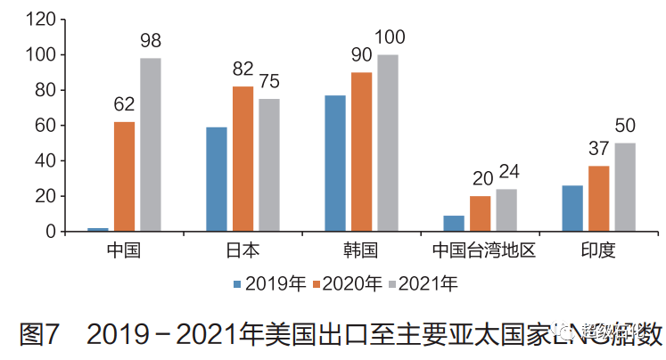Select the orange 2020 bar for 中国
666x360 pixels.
(x=124, y=176)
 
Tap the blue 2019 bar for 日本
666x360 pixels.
(x=217, y=179)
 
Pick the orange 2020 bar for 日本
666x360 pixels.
(x=243, y=159)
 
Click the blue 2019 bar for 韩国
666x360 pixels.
(x=335, y=163)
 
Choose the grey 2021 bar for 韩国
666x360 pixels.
(x=388, y=143)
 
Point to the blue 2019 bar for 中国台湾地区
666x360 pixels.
(x=454, y=223)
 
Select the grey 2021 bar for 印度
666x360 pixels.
(x=625, y=187)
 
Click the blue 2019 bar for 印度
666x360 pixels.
(x=572, y=209)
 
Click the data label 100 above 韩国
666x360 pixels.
(x=390, y=37)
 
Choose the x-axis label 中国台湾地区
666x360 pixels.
(x=482, y=250)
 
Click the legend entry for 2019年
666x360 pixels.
(x=268, y=284)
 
